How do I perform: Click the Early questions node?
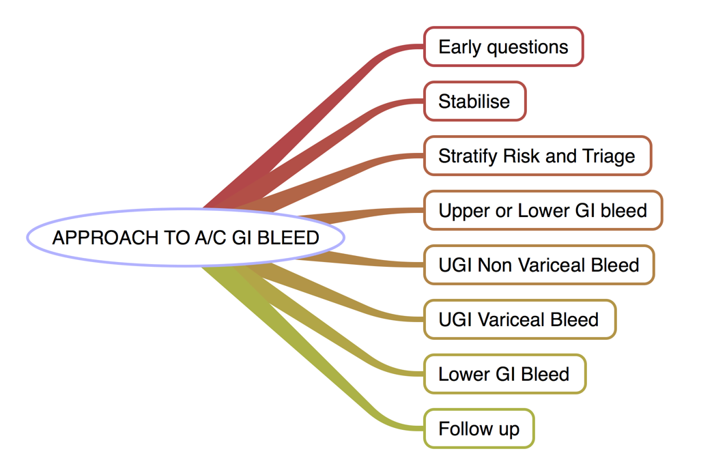(x=503, y=46)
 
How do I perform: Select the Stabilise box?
(x=474, y=101)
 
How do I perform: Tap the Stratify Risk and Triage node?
(x=537, y=156)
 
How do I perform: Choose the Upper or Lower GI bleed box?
(x=543, y=210)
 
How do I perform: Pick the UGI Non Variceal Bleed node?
(x=539, y=265)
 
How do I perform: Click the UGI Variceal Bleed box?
(x=519, y=319)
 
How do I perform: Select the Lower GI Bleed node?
(x=504, y=374)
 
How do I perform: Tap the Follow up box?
(x=479, y=429)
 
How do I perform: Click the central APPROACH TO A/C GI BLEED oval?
(x=186, y=237)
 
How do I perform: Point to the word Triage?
(x=609, y=156)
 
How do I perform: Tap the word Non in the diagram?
(x=497, y=265)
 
